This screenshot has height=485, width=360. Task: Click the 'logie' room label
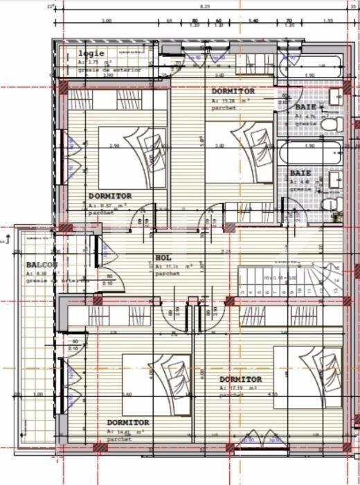[91, 53]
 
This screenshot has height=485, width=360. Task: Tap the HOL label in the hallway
[163, 258]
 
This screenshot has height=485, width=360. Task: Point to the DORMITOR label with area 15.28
[233, 91]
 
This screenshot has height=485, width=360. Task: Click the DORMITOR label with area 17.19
[240, 380]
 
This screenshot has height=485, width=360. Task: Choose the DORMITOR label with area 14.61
[128, 422]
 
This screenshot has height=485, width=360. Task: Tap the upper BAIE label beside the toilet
[305, 107]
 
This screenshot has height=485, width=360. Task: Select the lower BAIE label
[300, 173]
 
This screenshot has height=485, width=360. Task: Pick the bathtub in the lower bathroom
[309, 152]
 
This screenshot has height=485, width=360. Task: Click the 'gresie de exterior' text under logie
[100, 70]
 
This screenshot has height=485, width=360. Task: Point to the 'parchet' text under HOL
[168, 273]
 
